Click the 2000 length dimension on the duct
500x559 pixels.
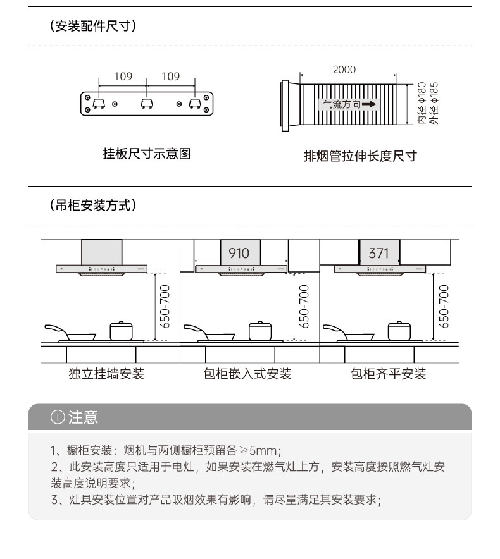coord(344,70)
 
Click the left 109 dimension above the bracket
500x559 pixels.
coord(123,77)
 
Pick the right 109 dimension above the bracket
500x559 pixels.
coord(170,77)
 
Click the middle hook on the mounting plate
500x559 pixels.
coord(147,104)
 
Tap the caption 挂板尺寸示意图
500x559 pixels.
coord(147,154)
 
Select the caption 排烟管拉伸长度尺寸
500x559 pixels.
coord(361,156)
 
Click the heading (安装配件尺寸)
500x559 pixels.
coord(93,27)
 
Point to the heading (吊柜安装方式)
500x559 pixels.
coord(93,206)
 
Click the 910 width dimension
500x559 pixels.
coord(239,253)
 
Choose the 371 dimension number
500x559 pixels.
coord(378,253)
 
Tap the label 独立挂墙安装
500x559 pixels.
coord(106,374)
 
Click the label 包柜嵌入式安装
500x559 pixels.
coord(247,374)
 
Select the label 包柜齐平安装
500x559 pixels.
coord(389,374)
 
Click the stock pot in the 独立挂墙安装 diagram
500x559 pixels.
coord(120,331)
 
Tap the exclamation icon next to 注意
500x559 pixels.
coord(58,417)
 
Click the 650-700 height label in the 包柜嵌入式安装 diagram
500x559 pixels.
coord(304,306)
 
